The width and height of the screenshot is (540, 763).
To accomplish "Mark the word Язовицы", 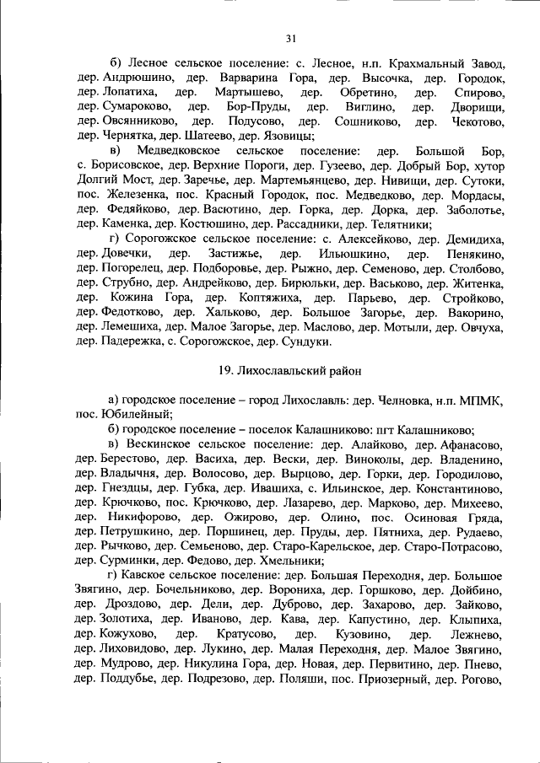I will point(289,135).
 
